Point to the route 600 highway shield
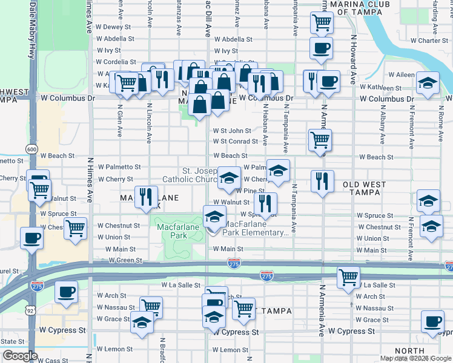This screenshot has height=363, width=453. click(x=31, y=149)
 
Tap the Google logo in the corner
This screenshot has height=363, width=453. click(x=20, y=356)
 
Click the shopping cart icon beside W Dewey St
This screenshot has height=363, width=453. click(x=322, y=23)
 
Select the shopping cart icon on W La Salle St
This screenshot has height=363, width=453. click(x=349, y=277)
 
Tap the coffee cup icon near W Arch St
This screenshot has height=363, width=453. click(x=67, y=292)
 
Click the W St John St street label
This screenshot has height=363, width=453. click(x=231, y=131)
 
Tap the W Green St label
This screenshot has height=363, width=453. click(x=125, y=260)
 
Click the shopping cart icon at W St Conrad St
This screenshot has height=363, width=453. click(x=320, y=140)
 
